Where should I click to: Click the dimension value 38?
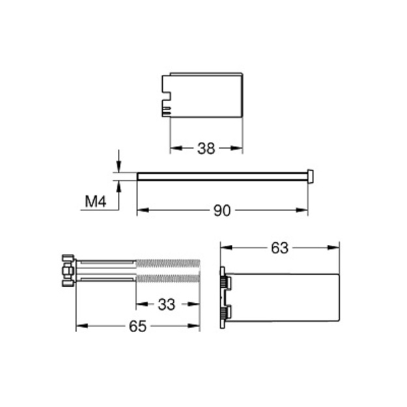click(206, 148)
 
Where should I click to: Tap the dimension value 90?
click(222, 210)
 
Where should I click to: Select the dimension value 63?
click(279, 248)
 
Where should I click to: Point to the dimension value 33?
click(167, 305)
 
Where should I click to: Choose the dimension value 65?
click(138, 326)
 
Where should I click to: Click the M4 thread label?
click(96, 201)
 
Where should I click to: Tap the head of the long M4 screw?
click(310, 176)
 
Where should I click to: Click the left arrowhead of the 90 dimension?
click(143, 210)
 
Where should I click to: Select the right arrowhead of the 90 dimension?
click(302, 210)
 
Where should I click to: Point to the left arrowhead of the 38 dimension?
click(176, 148)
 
